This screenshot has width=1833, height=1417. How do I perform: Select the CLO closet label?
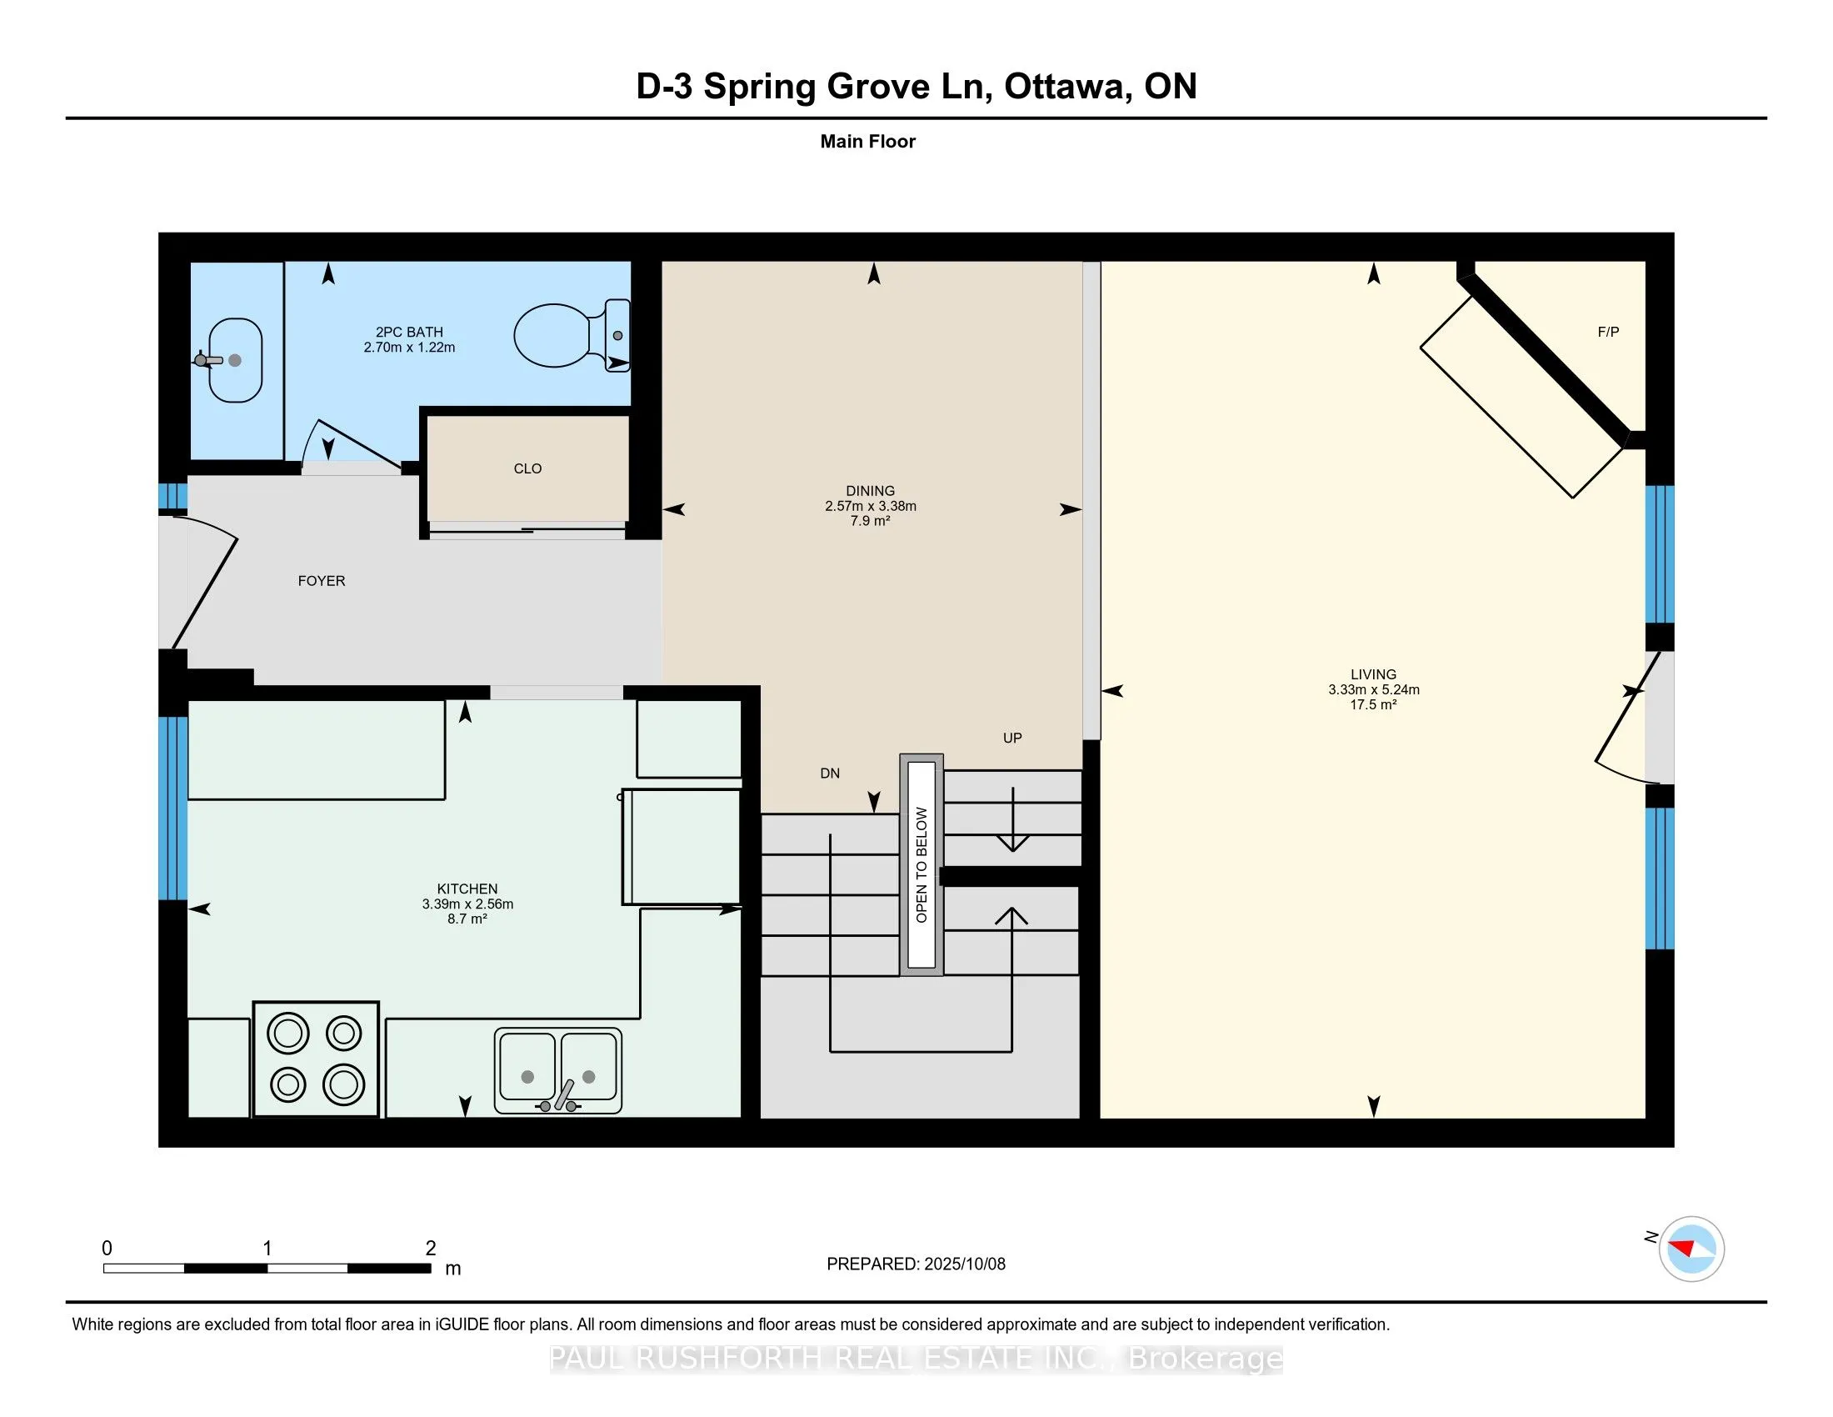[528, 468]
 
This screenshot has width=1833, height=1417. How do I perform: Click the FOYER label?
[322, 581]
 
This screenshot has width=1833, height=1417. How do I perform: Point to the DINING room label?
[871, 491]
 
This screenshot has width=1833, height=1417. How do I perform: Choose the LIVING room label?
[1374, 674]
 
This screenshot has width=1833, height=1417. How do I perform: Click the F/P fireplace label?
[1608, 333]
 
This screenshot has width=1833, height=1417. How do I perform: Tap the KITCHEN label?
[467, 889]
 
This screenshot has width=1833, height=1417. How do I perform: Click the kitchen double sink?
[558, 1070]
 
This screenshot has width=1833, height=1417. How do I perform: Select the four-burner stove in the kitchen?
[316, 1059]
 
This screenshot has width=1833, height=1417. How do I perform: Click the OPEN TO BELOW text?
[921, 864]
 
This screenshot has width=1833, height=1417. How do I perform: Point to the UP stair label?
[1012, 738]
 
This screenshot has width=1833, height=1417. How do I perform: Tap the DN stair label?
[830, 774]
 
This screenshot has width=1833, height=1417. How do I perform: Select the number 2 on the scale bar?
[431, 1249]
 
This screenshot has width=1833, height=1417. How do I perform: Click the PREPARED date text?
[916, 1264]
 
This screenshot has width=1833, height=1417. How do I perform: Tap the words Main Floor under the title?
[868, 142]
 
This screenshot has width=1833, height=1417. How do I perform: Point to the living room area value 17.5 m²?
[1373, 704]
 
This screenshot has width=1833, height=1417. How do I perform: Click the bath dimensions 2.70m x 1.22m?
[410, 348]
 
